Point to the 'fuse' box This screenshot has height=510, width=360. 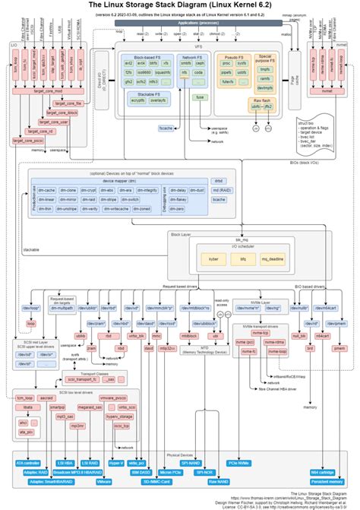[200, 97]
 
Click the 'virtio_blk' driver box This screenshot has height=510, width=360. [136, 335]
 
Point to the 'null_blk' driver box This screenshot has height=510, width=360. [298, 335]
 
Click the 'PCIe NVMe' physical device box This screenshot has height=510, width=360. [240, 463]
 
